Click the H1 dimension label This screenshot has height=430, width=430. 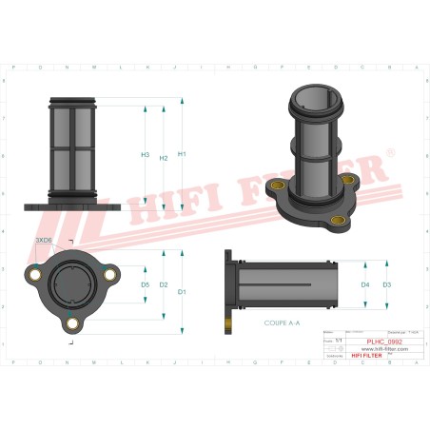[182, 154]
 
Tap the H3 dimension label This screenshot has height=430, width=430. [145, 154]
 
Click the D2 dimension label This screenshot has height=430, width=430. [164, 284]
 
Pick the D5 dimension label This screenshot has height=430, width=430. [145, 284]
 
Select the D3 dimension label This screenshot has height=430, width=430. [386, 284]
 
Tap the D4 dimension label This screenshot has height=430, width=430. [365, 284]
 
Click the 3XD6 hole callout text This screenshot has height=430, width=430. [43, 242]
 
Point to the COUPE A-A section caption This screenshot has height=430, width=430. [282, 323]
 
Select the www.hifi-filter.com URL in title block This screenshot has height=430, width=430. [377, 349]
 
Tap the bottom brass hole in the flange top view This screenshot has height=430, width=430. [72, 323]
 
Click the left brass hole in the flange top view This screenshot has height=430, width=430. [37, 276]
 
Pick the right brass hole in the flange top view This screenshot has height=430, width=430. [108, 276]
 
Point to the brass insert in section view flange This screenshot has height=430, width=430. [228, 324]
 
